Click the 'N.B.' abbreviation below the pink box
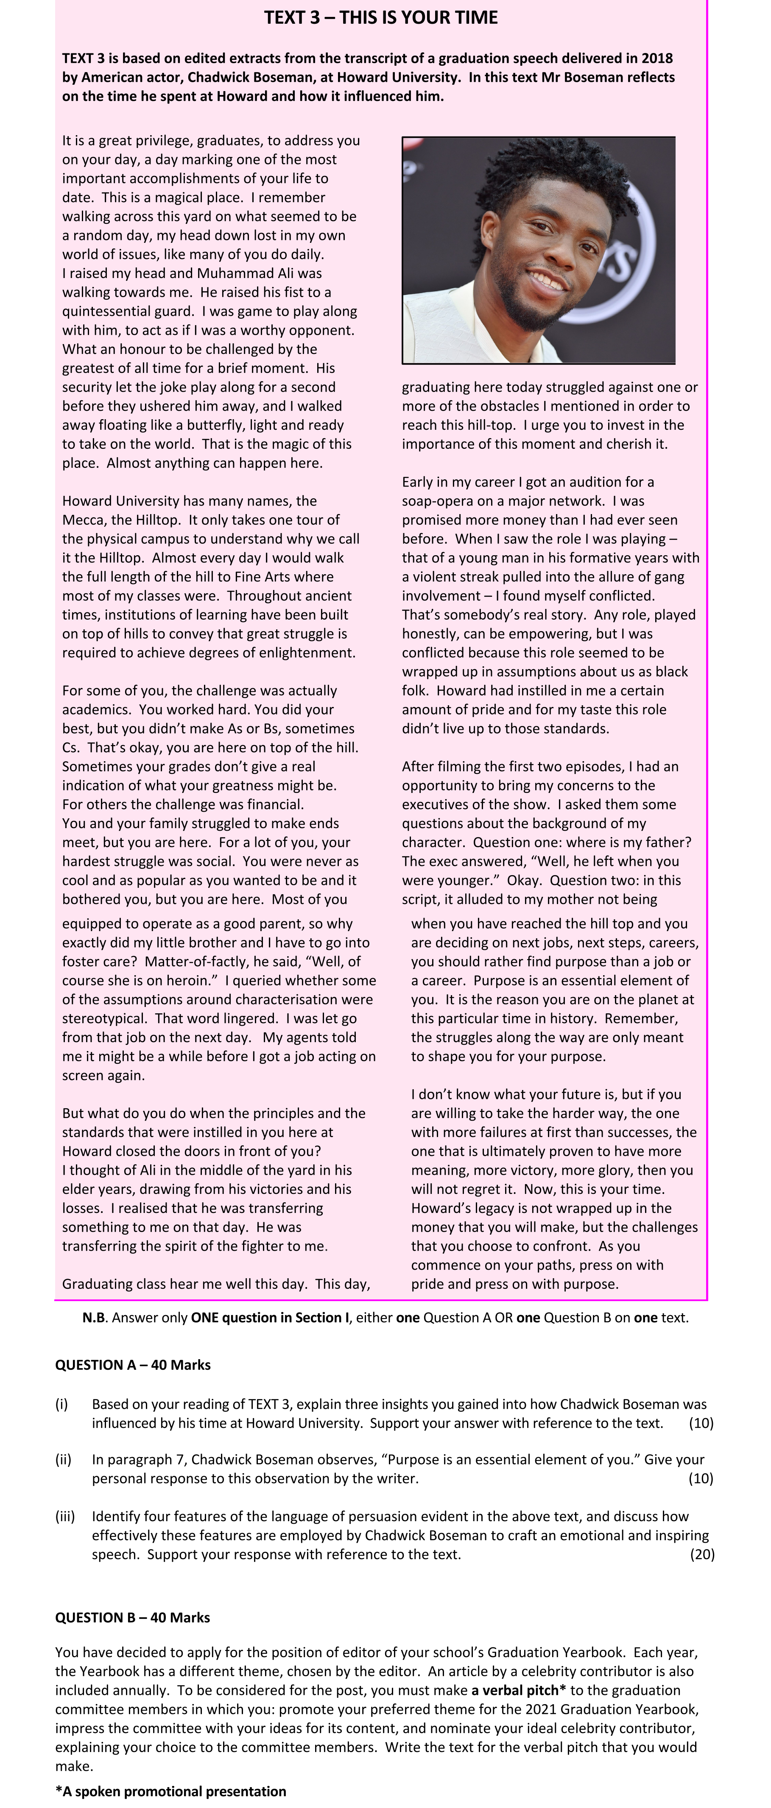pos(94,1317)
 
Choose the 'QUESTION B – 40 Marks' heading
pos(133,1617)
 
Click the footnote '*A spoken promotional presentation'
pos(170,1791)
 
